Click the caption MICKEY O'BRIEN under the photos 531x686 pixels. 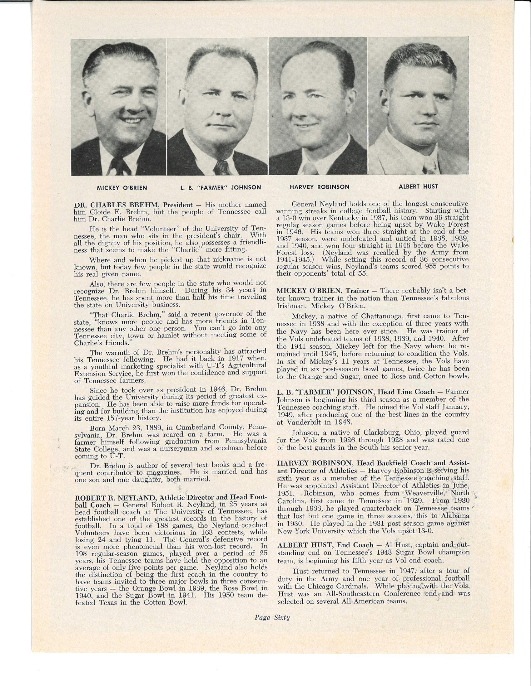(x=122, y=187)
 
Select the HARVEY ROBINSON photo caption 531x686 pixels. (x=319, y=187)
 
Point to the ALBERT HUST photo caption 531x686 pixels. (x=418, y=186)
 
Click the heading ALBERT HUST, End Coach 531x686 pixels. (x=325, y=545)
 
